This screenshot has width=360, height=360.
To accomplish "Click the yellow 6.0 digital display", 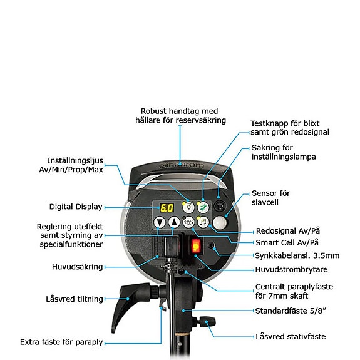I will [167, 208].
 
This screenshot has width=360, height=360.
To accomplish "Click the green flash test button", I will [203, 208].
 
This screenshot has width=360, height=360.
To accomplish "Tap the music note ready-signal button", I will [203, 222].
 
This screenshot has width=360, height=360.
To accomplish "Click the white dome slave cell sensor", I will [219, 223].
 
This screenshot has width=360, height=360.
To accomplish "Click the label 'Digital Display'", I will [75, 207].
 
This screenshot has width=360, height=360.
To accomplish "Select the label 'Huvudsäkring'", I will [77, 267].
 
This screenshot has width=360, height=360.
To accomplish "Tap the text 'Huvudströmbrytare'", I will [291, 270].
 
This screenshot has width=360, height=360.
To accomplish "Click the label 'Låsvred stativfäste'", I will [291, 336].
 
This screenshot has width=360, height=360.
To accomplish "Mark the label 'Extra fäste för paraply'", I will [61, 342].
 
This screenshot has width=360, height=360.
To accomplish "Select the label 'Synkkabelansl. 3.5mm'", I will [297, 255].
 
